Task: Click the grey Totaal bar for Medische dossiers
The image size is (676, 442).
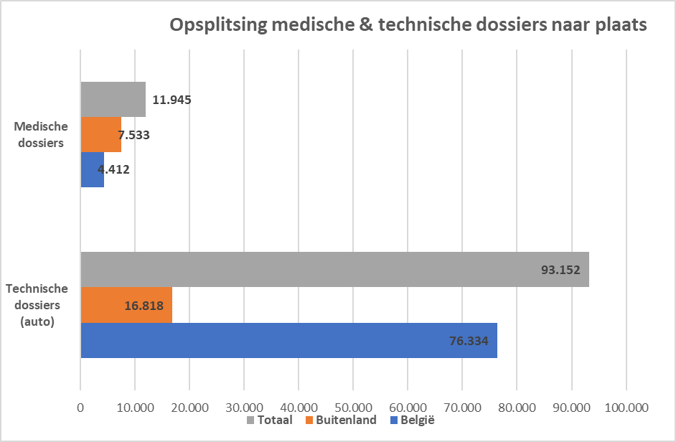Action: [113, 99]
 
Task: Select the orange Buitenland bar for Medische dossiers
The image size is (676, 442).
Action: [100, 134]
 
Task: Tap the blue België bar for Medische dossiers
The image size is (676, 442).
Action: [92, 170]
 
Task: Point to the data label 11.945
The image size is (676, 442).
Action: [172, 100]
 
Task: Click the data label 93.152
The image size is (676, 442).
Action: [560, 270]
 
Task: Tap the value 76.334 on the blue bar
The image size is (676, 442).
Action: [469, 341]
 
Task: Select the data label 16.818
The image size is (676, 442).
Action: [144, 306]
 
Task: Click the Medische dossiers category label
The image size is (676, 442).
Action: [41, 134]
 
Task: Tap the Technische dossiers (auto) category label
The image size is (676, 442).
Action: [37, 305]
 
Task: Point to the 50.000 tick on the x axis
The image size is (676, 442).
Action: [353, 407]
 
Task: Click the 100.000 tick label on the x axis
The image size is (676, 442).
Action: [626, 407]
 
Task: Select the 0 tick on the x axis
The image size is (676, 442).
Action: [81, 407]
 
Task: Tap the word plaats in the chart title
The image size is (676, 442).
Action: [621, 25]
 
